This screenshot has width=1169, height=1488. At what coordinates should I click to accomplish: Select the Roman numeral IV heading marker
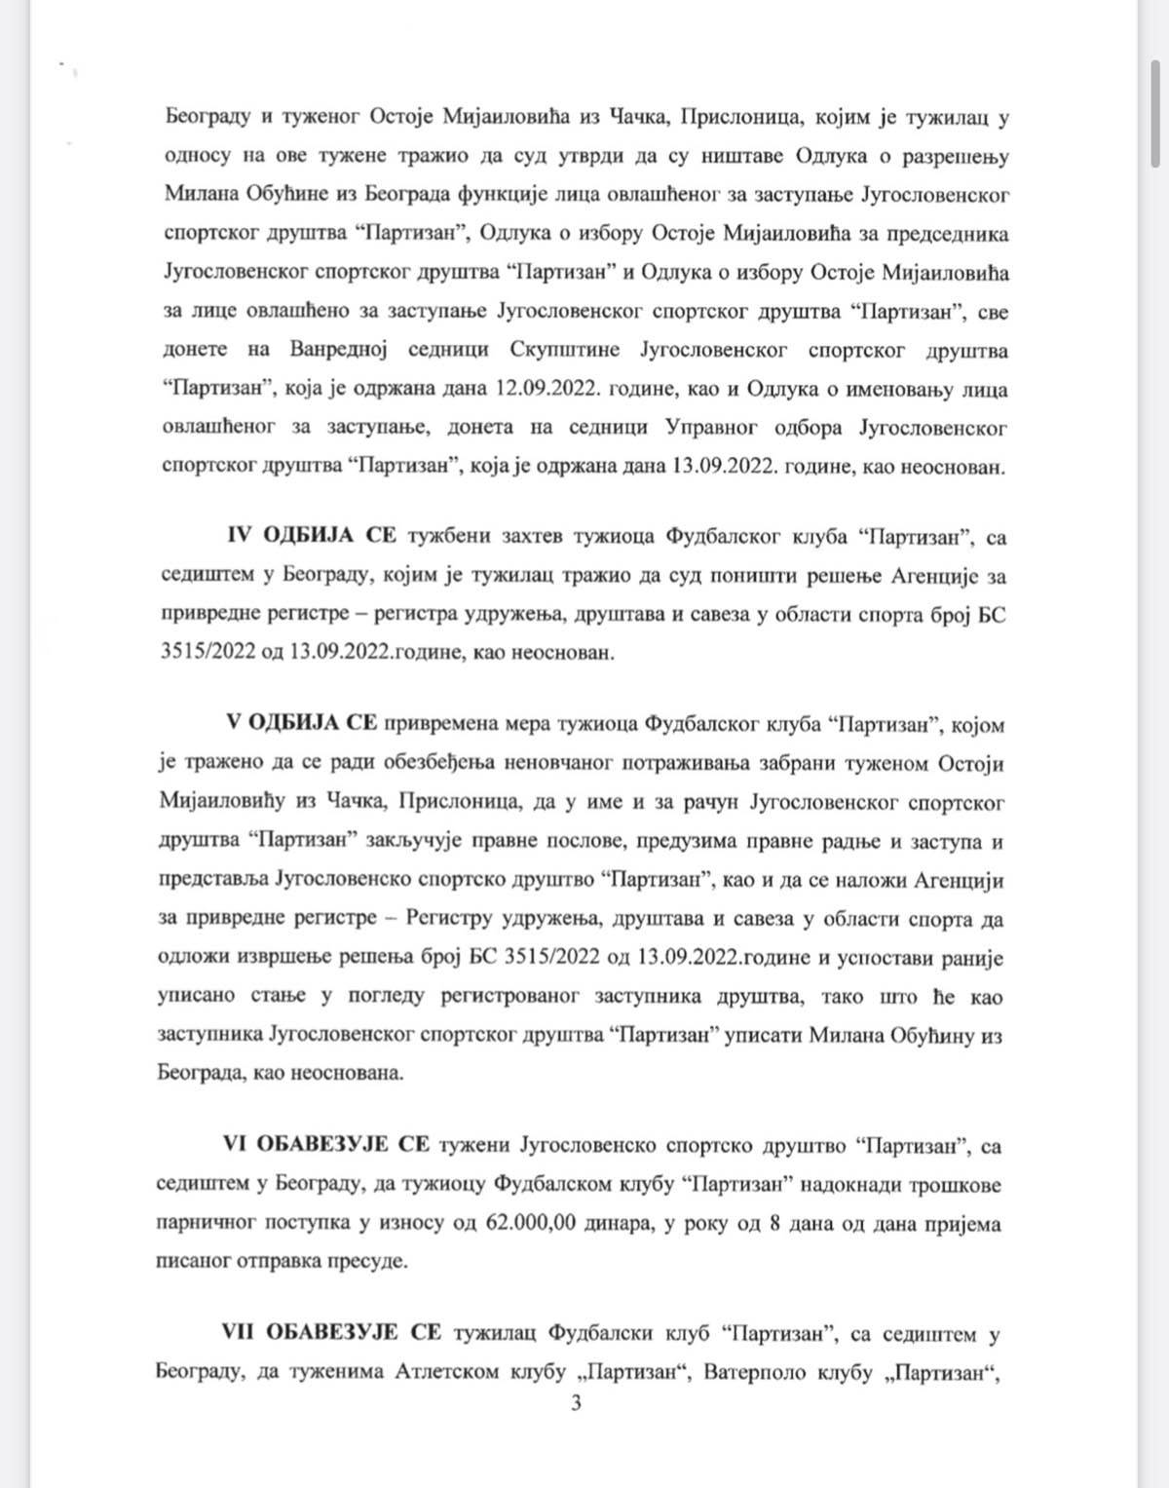click(x=240, y=536)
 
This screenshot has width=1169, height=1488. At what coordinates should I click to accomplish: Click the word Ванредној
click(x=346, y=351)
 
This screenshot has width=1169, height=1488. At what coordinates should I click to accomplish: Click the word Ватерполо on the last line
click(x=751, y=1372)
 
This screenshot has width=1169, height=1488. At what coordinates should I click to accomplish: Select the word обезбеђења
click(x=490, y=763)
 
